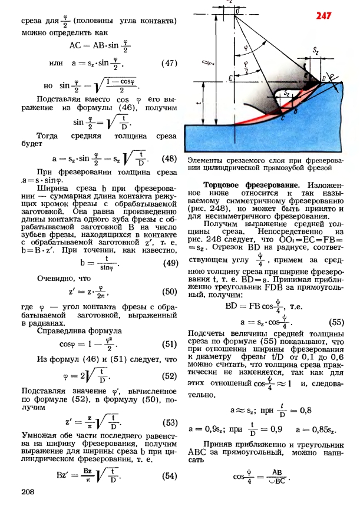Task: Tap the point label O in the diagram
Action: pyautogui.click(x=237, y=10)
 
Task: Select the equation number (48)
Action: pyautogui.click(x=169, y=158)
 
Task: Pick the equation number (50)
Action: pyautogui.click(x=169, y=291)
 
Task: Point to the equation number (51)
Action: pyautogui.click(x=169, y=345)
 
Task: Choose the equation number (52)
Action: pyautogui.click(x=169, y=375)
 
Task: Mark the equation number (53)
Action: pyautogui.click(x=169, y=422)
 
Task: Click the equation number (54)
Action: pyautogui.click(x=169, y=476)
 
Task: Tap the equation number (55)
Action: pyautogui.click(x=336, y=322)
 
